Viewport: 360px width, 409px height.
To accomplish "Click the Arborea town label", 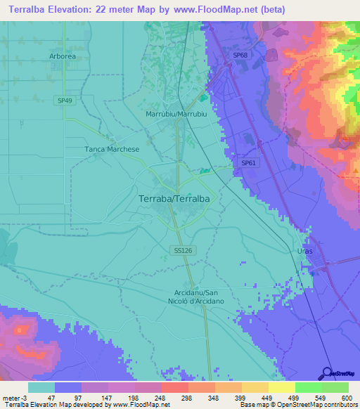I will click(x=63, y=56).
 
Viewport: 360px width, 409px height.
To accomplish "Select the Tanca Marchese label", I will click(x=112, y=149).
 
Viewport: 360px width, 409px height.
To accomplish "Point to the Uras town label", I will click(x=304, y=251).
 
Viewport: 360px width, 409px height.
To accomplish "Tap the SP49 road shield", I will click(x=65, y=100).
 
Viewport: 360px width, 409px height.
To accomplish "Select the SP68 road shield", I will click(x=240, y=55).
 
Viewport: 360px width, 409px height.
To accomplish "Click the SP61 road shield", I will click(x=248, y=163).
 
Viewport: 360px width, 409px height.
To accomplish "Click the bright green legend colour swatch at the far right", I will click(x=335, y=387).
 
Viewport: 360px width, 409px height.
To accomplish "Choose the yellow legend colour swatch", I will click(x=255, y=387).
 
